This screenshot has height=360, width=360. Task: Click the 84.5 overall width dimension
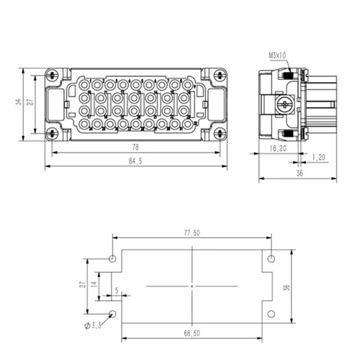(x=135, y=161)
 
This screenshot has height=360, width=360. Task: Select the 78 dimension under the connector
(x=135, y=147)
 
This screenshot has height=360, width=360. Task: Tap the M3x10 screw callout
(x=277, y=55)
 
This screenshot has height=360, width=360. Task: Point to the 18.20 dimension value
(x=278, y=148)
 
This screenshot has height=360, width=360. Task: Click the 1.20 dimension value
(x=319, y=158)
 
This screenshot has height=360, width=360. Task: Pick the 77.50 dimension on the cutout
(x=192, y=233)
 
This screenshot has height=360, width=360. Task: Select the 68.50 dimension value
(x=192, y=333)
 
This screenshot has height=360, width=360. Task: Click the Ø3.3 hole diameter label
(x=93, y=325)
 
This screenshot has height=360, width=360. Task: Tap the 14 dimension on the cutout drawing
(x=94, y=284)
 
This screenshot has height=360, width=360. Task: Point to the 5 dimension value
(x=117, y=290)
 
